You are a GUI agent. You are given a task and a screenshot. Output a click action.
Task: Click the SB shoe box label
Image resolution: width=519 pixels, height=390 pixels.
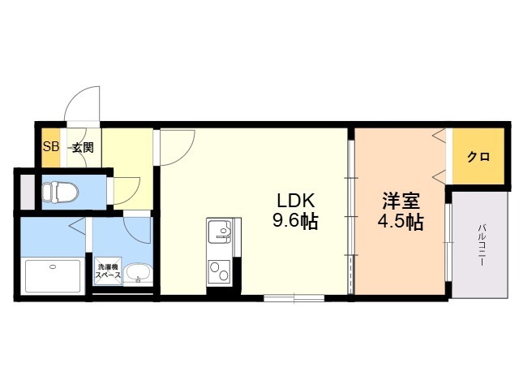[51, 146]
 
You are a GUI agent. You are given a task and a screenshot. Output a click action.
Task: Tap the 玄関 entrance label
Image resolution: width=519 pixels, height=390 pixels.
[83, 147]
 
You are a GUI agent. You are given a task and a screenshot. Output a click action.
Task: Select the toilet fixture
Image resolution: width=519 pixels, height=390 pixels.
[59, 192]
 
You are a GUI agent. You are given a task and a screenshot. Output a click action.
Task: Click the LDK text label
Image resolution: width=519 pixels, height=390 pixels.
[295, 201]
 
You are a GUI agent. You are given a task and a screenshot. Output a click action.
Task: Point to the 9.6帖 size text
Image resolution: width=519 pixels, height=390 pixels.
[295, 220]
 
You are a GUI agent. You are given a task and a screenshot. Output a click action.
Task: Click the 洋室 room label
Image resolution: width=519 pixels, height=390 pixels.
[401, 201]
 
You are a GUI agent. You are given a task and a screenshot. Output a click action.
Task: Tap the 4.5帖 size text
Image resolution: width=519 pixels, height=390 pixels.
[401, 222]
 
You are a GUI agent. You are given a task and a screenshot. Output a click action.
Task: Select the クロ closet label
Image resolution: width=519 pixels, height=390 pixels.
[478, 157]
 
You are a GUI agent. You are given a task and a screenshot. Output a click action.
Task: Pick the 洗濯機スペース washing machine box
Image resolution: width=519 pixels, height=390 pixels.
[108, 271]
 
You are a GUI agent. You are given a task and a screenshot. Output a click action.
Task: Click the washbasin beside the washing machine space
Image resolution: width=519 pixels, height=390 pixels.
[139, 274]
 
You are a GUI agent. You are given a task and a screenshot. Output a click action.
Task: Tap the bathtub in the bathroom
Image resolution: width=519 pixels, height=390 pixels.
[53, 276]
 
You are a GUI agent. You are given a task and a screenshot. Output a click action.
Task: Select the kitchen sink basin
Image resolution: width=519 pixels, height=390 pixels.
[220, 231]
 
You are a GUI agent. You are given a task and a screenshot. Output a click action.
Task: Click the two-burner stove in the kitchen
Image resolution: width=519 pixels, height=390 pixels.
[220, 272]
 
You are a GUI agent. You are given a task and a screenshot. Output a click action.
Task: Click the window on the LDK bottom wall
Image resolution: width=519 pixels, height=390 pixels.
[294, 298]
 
